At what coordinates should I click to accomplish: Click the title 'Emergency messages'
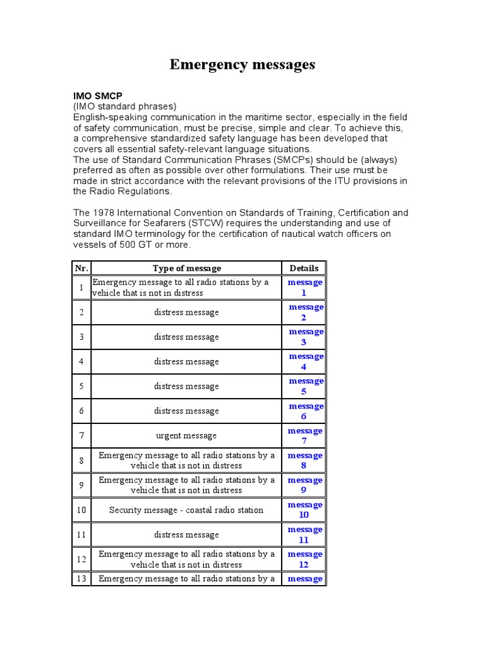(242, 65)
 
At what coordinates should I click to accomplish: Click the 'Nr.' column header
(81, 269)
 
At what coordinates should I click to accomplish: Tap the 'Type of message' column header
(187, 269)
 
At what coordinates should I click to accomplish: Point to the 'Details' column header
(304, 269)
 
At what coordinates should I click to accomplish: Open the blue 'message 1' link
(304, 287)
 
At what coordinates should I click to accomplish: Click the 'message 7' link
(304, 435)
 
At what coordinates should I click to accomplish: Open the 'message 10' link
(304, 510)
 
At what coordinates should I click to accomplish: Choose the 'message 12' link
(304, 559)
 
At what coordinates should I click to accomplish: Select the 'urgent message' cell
(186, 435)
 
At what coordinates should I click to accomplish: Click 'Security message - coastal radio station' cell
(186, 510)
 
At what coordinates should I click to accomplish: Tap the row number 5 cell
(81, 386)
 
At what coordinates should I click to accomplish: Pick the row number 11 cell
(81, 535)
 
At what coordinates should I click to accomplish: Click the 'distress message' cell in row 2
(186, 312)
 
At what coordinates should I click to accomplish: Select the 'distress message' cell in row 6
(186, 411)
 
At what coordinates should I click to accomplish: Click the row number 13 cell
(81, 579)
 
